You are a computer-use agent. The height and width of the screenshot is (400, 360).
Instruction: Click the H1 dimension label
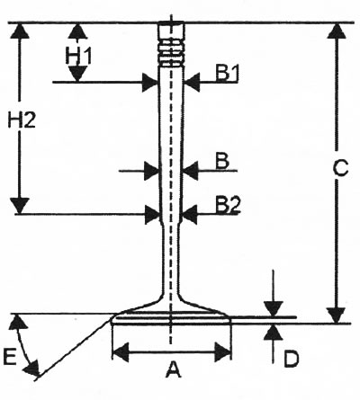point(78,56)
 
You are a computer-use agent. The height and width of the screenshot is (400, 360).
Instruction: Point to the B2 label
point(228,205)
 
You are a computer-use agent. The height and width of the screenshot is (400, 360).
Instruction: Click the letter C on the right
point(341,168)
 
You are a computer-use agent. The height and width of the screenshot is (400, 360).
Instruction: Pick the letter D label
point(292,359)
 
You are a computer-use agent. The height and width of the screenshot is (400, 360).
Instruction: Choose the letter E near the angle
point(10,357)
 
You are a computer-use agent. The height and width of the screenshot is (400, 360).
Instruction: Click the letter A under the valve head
point(173,369)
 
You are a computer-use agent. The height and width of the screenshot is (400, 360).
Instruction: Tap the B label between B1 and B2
point(222,162)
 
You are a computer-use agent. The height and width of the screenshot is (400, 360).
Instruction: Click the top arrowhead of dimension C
point(337,31)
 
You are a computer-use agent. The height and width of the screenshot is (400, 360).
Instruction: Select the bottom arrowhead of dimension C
point(337,316)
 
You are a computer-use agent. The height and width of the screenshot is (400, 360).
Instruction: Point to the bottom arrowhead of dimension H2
point(20,206)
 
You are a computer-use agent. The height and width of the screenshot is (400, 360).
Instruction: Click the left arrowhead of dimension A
point(121,352)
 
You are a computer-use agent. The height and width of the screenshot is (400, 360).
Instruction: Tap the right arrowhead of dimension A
point(222,352)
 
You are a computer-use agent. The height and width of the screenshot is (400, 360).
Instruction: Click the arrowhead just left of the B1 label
point(192,82)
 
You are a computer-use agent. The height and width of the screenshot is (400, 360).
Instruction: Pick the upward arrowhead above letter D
point(274,332)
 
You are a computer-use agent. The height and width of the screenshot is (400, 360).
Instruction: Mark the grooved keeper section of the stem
point(171,54)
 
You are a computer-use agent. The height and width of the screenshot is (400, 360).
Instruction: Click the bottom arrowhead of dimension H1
point(77,74)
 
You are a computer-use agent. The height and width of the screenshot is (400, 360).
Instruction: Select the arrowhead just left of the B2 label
point(190,215)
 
